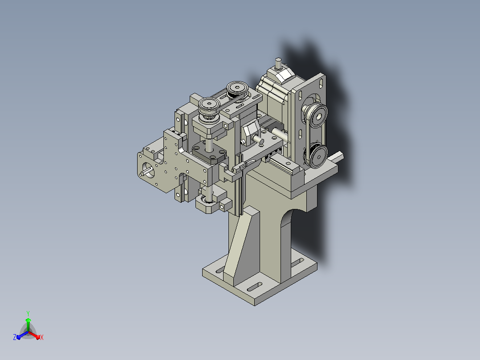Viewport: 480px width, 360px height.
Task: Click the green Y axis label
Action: [28, 314]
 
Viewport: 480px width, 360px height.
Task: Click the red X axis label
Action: [42, 337]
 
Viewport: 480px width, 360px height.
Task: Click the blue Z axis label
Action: [15, 337]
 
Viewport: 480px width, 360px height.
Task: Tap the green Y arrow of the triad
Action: [28, 324]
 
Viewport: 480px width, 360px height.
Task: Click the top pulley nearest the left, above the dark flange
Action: [209, 106]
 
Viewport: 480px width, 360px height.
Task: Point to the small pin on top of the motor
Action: [278, 63]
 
